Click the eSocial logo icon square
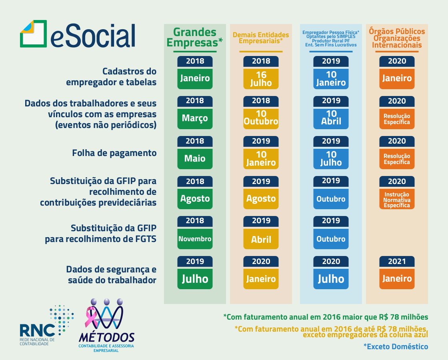coord(33,34)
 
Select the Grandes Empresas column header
coord(195,38)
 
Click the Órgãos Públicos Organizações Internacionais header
coord(397,38)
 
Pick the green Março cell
coord(195,118)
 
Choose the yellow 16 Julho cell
coord(261,78)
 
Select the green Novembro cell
coord(195,239)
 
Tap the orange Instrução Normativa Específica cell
coord(397,199)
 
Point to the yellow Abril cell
coord(261,239)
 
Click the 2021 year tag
coord(397,261)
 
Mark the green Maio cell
coord(195,158)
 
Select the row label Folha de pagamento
coord(114,153)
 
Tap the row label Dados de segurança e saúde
coord(111,274)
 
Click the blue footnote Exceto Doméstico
coord(396,346)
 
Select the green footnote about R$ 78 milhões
coord(326,317)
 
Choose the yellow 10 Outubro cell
coord(261,118)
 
